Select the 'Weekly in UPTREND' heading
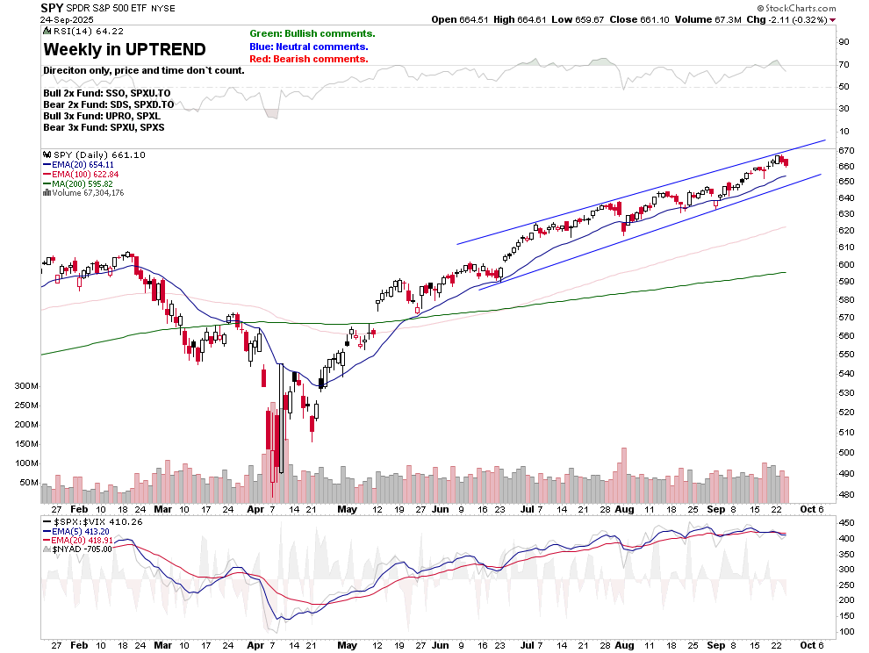tap(125, 49)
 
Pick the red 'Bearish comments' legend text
tap(308, 59)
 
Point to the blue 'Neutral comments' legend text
tap(309, 47)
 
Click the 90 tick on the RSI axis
tap(844, 41)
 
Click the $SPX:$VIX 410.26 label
tap(93, 521)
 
